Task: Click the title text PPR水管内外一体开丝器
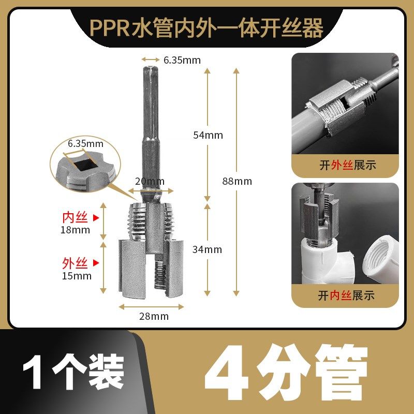pos(206,28)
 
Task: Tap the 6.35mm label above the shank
pos(182,60)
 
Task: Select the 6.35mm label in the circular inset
pos(85,143)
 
